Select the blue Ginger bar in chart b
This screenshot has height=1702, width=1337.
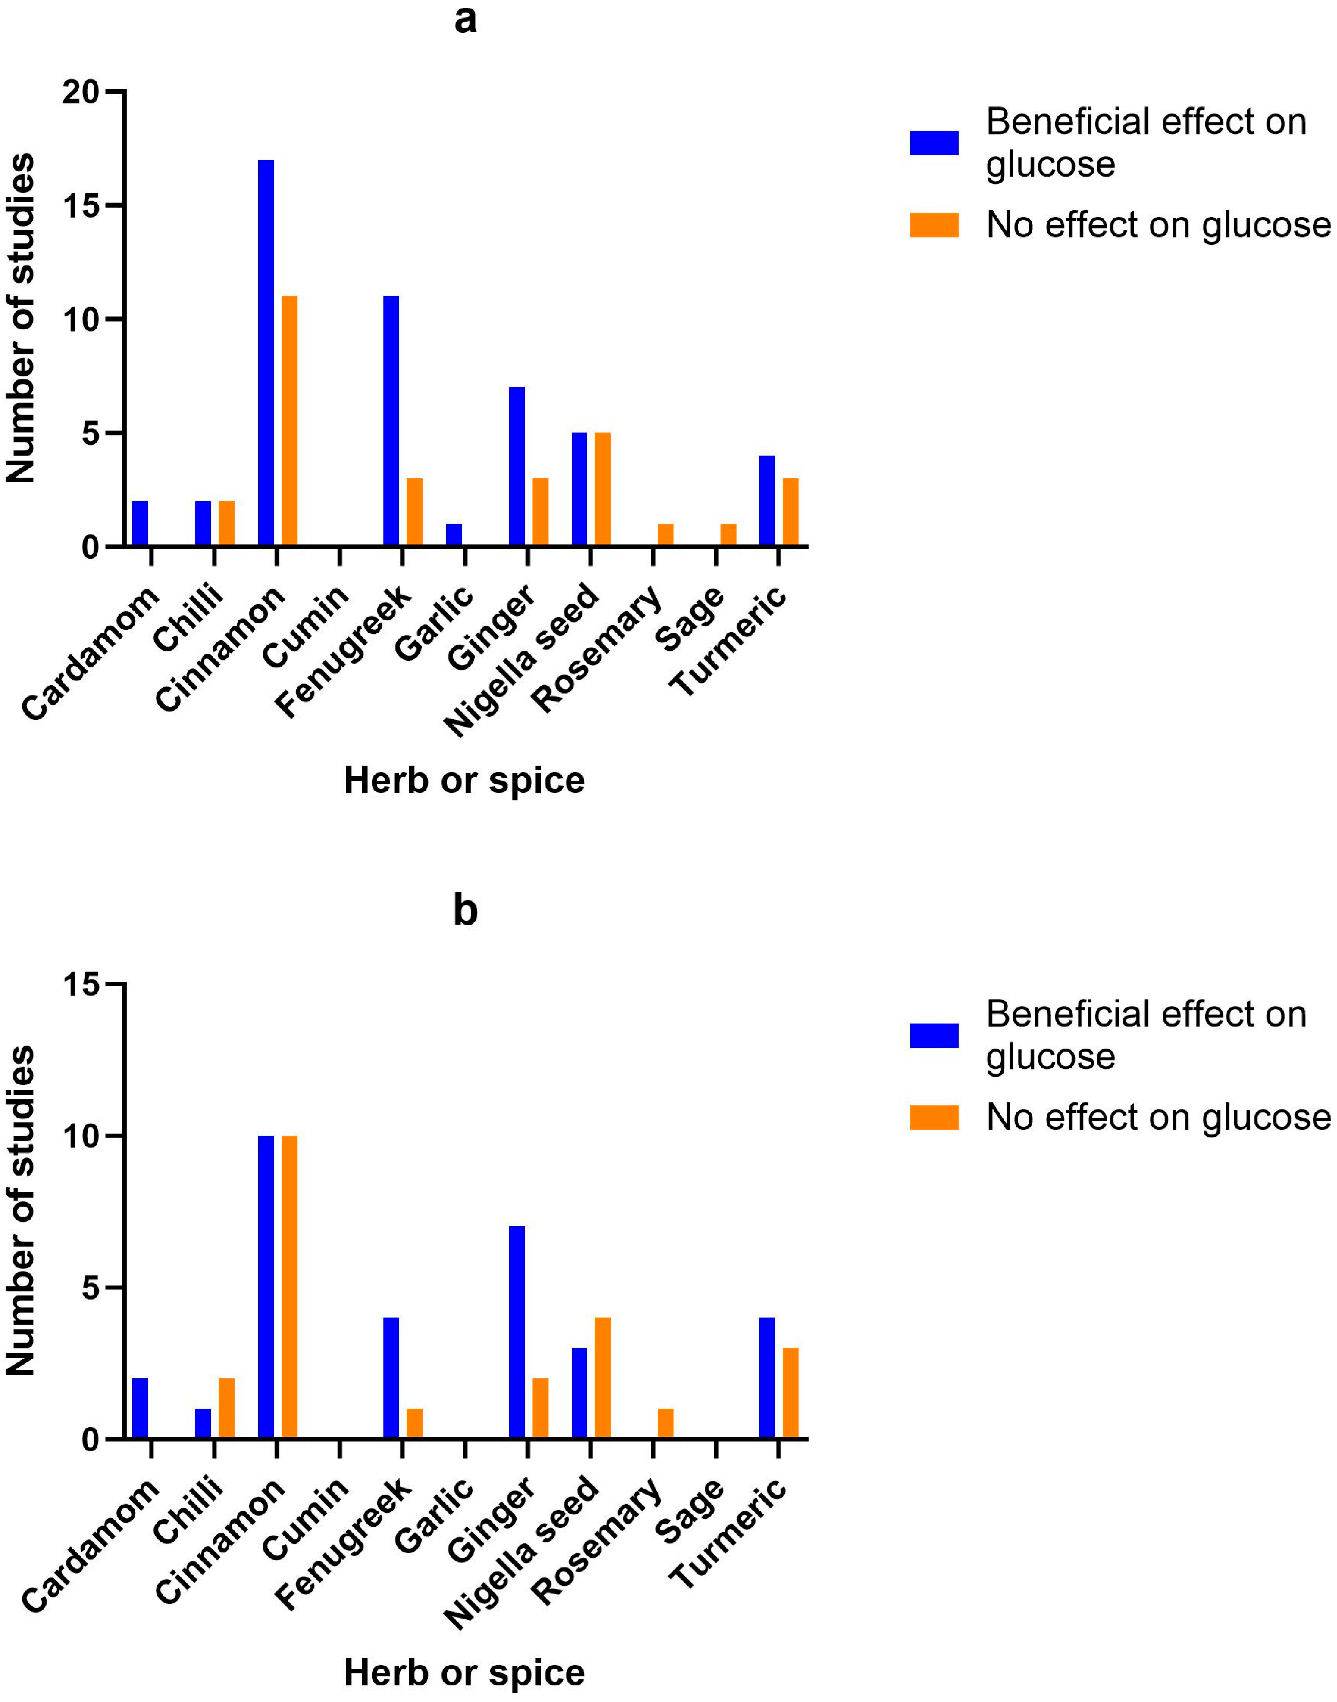tap(517, 1332)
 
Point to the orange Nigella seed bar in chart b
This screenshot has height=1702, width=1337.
tap(603, 1378)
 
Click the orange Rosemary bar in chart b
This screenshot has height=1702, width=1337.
tap(665, 1423)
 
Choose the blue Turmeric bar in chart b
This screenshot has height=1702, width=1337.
tap(767, 1378)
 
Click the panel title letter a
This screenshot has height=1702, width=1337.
tap(465, 20)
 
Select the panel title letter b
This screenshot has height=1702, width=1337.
tap(465, 910)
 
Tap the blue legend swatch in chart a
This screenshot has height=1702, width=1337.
tap(934, 143)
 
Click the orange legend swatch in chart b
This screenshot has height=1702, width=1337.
tap(934, 1118)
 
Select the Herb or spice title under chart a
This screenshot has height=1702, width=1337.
tap(464, 781)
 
